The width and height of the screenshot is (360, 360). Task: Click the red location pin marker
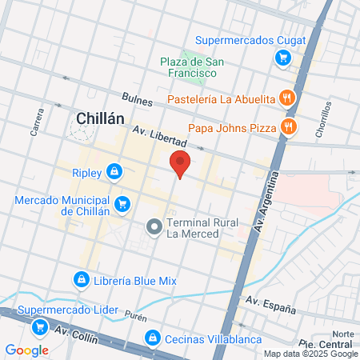click(180, 164)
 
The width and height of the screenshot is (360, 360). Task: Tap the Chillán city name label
click(100, 118)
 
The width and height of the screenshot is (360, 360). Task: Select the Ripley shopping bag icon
click(116, 172)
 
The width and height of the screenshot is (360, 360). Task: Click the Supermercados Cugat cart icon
click(282, 58)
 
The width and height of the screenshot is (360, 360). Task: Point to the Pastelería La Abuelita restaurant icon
click(288, 99)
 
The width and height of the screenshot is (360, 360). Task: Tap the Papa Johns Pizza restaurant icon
click(288, 127)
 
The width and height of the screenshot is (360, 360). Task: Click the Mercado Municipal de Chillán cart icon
click(122, 205)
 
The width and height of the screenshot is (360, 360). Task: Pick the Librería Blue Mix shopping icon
click(81, 279)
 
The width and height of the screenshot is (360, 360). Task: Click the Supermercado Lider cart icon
click(39, 326)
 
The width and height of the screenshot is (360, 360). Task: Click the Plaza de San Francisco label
click(189, 67)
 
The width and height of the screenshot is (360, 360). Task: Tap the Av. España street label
click(270, 306)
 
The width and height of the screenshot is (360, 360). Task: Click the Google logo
click(27, 350)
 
